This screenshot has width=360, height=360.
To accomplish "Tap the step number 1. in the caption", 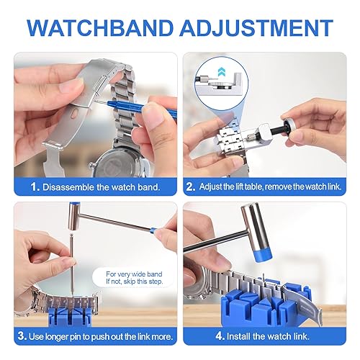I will coord(35,187).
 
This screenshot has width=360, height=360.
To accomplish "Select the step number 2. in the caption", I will coord(190,187).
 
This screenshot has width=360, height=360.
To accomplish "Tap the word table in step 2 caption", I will coord(255,187).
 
